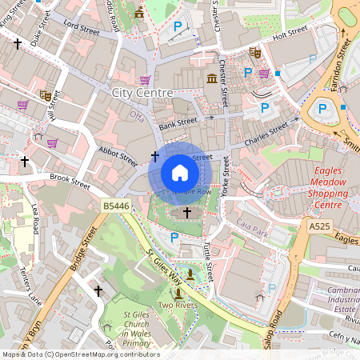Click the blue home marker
point(180,173)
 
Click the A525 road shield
point(320,227)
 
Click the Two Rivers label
point(178,306)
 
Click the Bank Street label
point(177,122)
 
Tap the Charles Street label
point(266,130)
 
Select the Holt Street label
point(290,32)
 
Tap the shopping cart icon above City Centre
point(145,80)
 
